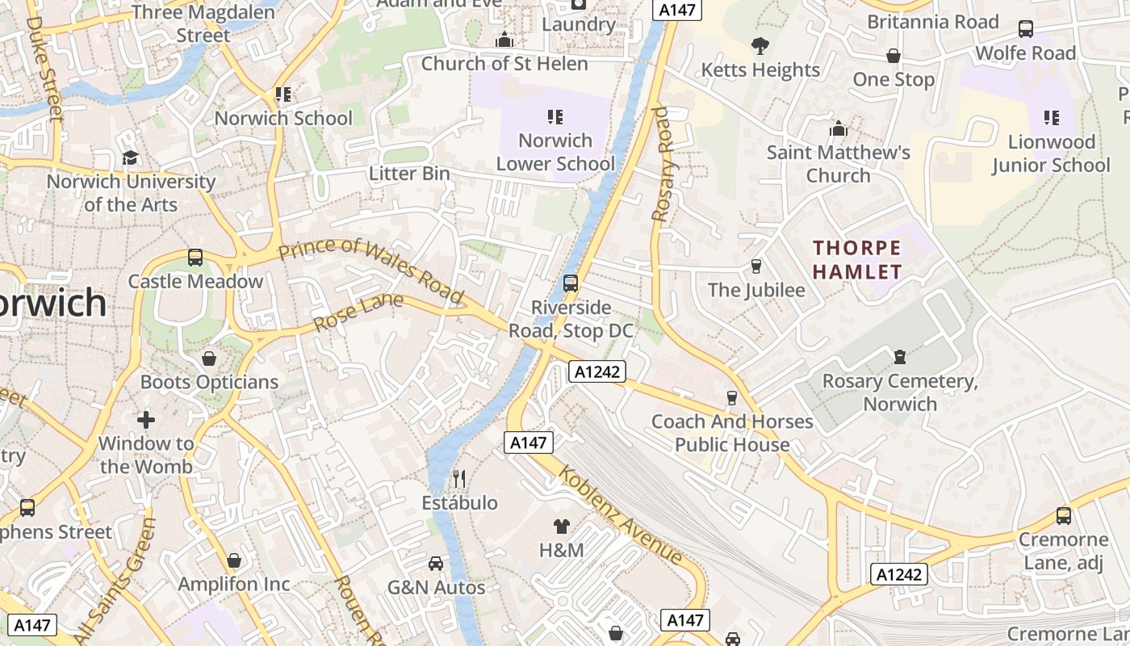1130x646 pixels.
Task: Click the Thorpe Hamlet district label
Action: pyautogui.click(x=856, y=259)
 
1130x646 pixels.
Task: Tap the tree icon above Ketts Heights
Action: pyautogui.click(x=760, y=46)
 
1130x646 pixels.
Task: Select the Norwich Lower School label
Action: pyautogui.click(x=555, y=152)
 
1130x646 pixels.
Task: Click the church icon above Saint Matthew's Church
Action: pyautogui.click(x=839, y=128)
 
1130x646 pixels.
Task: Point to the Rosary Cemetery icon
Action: pyautogui.click(x=900, y=356)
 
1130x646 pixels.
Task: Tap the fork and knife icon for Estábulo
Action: pyautogui.click(x=459, y=479)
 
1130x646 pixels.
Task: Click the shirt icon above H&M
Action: pyautogui.click(x=562, y=526)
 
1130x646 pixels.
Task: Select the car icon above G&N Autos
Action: pyautogui.click(x=436, y=564)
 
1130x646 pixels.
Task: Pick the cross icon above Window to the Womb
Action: pyautogui.click(x=146, y=420)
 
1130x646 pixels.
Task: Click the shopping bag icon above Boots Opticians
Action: pyautogui.click(x=209, y=358)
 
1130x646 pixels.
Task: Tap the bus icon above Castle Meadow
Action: pyautogui.click(x=195, y=258)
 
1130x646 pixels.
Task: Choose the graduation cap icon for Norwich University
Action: pyautogui.click(x=131, y=157)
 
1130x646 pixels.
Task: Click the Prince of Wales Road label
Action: pyautogui.click(x=370, y=271)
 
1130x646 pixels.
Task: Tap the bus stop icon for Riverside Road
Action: pyautogui.click(x=571, y=283)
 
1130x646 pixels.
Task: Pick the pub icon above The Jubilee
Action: pyautogui.click(x=756, y=266)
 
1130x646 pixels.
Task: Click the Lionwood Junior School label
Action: pyautogui.click(x=1051, y=153)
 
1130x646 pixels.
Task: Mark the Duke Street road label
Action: pyautogui.click(x=44, y=69)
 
